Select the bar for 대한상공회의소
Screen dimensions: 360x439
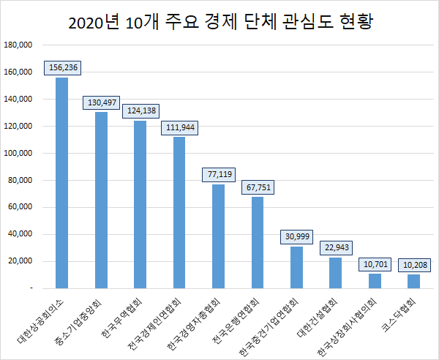(62, 183)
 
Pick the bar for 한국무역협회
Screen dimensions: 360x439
(140, 204)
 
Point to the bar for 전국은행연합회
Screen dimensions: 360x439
(258, 242)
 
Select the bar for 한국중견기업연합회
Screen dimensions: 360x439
(296, 267)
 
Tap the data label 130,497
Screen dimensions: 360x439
(102, 102)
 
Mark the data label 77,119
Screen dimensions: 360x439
(219, 174)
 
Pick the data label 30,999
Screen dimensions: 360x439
(297, 236)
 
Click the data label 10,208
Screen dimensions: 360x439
(414, 263)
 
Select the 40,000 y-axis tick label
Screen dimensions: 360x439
(21, 235)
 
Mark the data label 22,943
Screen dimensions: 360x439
(336, 247)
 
